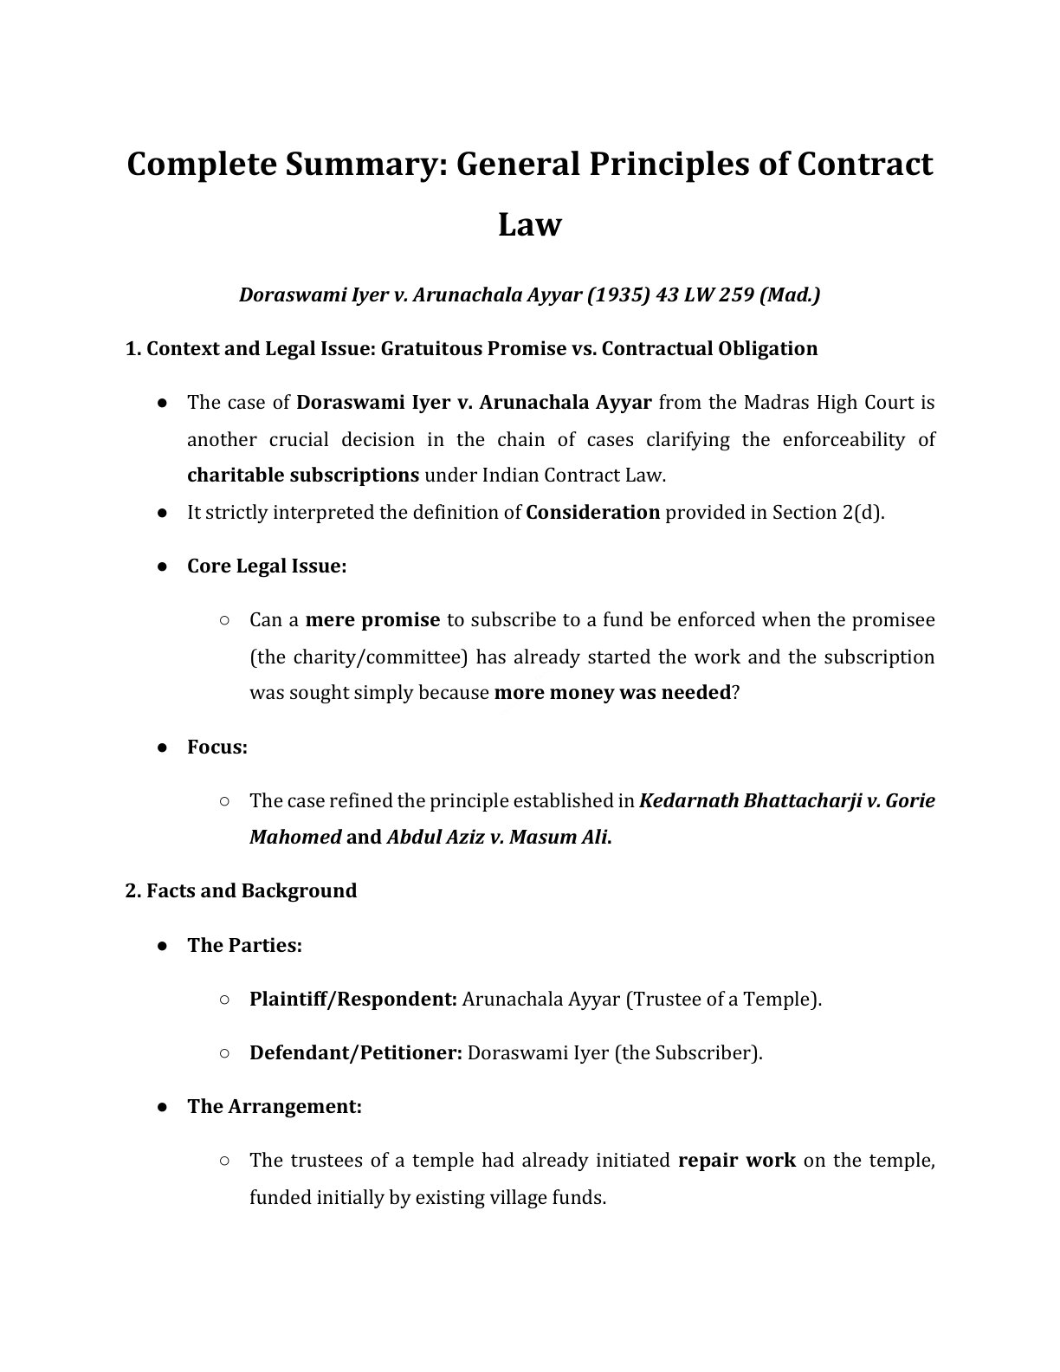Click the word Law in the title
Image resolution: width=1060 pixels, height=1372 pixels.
pos(530,224)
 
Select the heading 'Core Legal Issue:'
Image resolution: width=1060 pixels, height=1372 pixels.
pos(267,566)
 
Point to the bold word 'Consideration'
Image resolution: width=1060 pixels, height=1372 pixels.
pos(593,512)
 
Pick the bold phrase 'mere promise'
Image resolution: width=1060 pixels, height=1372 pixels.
pos(373,619)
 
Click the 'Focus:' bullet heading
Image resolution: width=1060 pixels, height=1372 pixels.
pos(217,747)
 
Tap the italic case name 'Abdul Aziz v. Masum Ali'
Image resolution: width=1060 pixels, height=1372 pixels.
pos(497,837)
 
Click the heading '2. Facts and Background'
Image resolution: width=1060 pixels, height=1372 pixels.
pos(242,890)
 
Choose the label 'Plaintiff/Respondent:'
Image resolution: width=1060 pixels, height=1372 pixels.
pos(353,999)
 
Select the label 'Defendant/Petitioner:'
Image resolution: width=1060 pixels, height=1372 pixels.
pos(356,1052)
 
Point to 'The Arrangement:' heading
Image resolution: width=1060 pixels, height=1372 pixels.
pos(275,1106)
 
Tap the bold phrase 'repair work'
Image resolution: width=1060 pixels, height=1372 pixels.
pos(736,1160)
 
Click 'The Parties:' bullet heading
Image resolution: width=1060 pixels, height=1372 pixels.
pos(244,944)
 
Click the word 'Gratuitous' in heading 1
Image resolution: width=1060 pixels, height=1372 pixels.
pos(431,348)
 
